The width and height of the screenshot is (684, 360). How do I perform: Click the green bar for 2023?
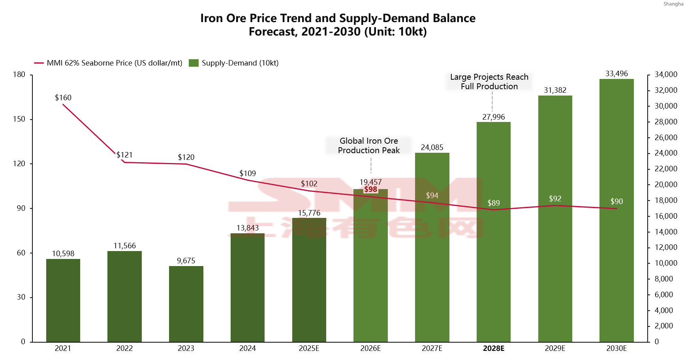(x=186, y=304)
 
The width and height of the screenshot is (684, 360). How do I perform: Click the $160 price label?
(x=63, y=97)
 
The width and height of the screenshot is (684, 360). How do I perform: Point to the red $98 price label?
(x=370, y=189)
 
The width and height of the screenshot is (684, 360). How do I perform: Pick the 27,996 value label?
(x=493, y=117)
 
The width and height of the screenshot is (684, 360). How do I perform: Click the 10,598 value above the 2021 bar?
(x=63, y=253)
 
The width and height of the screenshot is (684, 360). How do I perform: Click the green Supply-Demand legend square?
(x=194, y=63)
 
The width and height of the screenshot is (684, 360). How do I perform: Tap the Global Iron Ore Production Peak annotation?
(x=368, y=146)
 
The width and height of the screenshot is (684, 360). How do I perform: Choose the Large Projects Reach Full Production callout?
(x=489, y=82)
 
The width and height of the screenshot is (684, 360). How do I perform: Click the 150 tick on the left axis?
(x=19, y=119)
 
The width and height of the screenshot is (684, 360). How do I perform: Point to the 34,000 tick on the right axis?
(x=666, y=74)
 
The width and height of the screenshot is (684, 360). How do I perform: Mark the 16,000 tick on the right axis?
(x=666, y=216)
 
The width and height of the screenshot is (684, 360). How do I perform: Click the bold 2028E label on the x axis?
(x=493, y=348)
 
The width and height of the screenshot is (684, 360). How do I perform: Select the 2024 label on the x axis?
(x=248, y=348)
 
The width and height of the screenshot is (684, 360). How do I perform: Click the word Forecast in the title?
(x=273, y=32)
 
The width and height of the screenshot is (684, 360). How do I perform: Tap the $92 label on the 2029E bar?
(x=555, y=199)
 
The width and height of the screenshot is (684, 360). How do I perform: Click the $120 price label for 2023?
(x=186, y=157)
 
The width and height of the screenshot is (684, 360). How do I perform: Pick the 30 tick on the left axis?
(x=21, y=297)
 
